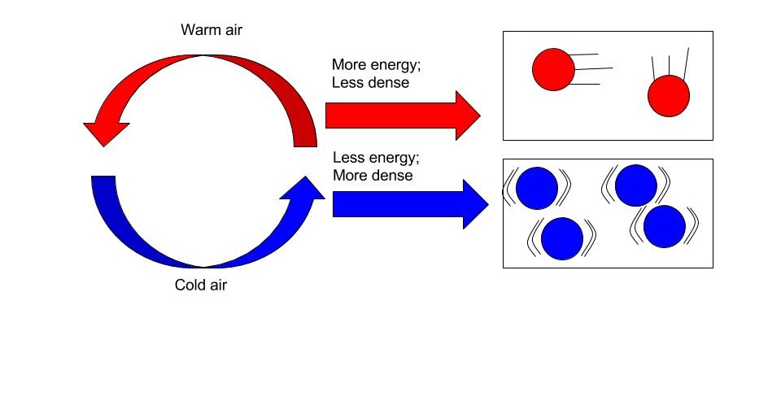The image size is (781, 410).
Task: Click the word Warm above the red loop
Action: click(x=196, y=31)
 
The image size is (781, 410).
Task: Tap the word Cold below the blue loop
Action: click(x=189, y=286)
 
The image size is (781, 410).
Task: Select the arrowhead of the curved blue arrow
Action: click(x=307, y=190)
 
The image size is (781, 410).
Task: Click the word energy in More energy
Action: click(x=391, y=65)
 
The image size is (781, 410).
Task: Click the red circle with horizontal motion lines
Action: click(x=554, y=69)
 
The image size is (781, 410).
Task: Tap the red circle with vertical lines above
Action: click(x=669, y=96)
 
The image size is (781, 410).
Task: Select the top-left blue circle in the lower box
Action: click(x=536, y=188)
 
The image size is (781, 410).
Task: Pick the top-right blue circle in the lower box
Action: click(x=635, y=185)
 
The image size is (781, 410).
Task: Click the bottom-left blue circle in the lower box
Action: click(x=562, y=238)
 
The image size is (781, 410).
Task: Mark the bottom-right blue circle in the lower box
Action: click(x=665, y=226)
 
